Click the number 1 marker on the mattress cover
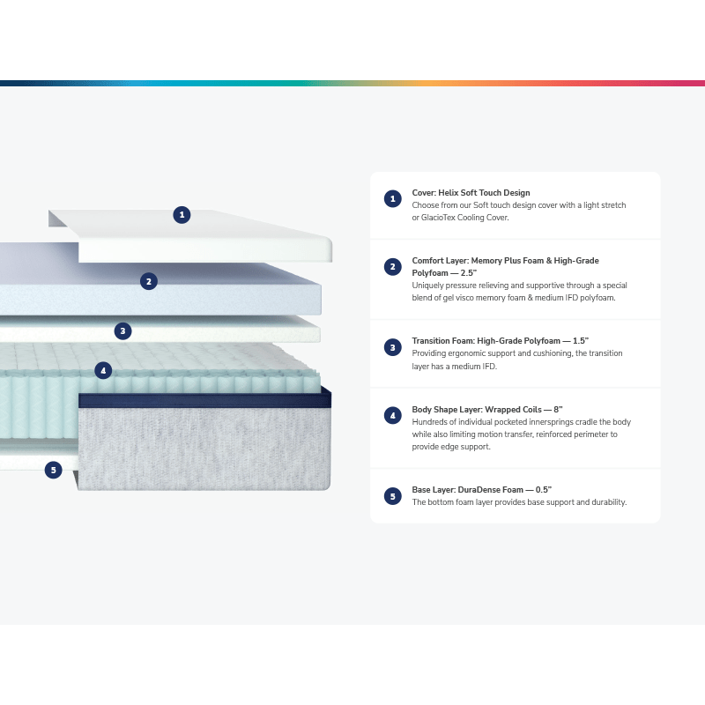tap(182, 215)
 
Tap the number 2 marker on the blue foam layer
tap(149, 281)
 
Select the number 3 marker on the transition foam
tap(122, 331)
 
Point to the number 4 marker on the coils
tap(103, 370)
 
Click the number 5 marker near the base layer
tap(54, 471)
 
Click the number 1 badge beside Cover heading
tap(392, 199)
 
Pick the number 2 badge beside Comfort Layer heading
tap(392, 267)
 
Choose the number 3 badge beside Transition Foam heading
tap(392, 347)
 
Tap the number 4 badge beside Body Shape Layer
tap(392, 415)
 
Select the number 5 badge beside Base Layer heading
tap(392, 496)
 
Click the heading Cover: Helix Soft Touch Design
tap(471, 193)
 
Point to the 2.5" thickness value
tap(469, 273)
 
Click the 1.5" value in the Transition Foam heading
tap(581, 341)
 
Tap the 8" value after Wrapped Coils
tap(558, 410)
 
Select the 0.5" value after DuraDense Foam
tap(544, 490)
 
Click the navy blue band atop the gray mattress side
tap(205, 400)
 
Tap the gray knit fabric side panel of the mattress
tap(204, 449)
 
